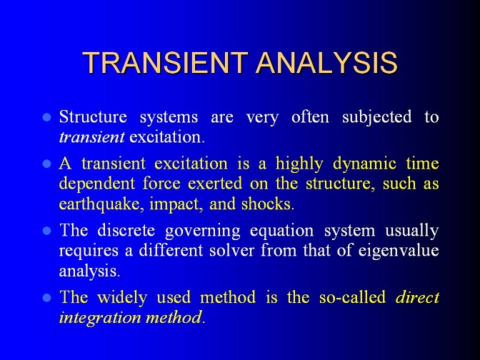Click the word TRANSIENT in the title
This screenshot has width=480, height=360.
[165, 63]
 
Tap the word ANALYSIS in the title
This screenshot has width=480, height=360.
[326, 63]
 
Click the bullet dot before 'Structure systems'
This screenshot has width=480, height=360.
[47, 117]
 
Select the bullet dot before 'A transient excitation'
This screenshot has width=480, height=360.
[47, 164]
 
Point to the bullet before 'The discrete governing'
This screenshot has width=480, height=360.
[47, 231]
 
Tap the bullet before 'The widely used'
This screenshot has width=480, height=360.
[47, 298]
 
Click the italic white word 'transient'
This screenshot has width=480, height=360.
[92, 137]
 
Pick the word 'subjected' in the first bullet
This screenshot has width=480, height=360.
[377, 118]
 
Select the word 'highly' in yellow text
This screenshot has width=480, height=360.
[299, 164]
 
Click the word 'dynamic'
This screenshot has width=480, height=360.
[364, 164]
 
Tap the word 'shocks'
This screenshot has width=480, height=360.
[268, 204]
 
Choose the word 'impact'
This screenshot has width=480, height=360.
[176, 204]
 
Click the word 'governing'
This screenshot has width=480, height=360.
[203, 231]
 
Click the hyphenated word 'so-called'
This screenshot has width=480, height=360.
[352, 297]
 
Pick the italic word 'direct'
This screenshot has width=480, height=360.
[418, 297]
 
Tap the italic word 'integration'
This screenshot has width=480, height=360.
[100, 318]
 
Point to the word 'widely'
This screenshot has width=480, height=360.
[122, 298]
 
